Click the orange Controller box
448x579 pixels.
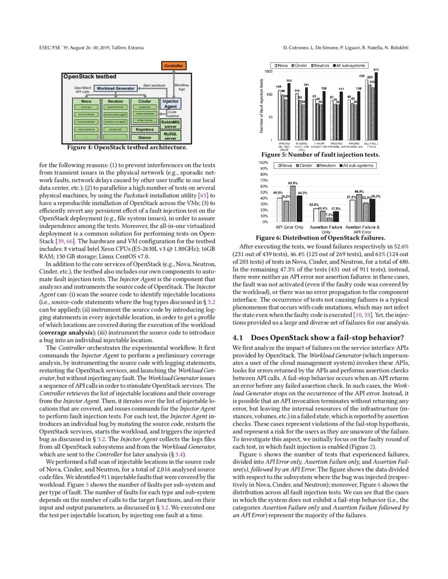pyautogui.click(x=173, y=66)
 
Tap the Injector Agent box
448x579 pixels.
pyautogui.click(x=171, y=104)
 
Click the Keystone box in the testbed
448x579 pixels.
pyautogui.click(x=144, y=129)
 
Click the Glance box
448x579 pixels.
pyautogui.click(x=144, y=137)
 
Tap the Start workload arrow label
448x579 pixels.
pyautogui.click(x=154, y=85)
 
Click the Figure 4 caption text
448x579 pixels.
pyautogui.click(x=128, y=147)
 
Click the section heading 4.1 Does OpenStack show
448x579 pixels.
pyautogui.click(x=318, y=337)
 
